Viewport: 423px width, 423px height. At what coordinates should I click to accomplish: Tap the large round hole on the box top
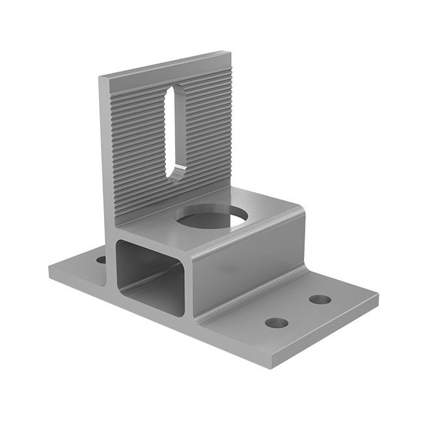[211, 217]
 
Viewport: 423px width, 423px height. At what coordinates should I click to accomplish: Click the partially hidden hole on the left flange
[102, 260]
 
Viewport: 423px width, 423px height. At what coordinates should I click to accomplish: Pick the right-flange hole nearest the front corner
[277, 322]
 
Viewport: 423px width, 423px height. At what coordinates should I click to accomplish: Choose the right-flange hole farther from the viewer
[320, 299]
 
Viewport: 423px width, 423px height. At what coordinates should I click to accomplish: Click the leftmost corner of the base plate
[49, 269]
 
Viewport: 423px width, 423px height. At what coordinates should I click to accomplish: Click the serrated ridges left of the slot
[137, 143]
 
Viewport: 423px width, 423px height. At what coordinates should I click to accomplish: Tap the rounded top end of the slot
[171, 90]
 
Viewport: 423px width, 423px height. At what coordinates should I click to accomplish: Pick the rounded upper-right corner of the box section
[301, 207]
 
